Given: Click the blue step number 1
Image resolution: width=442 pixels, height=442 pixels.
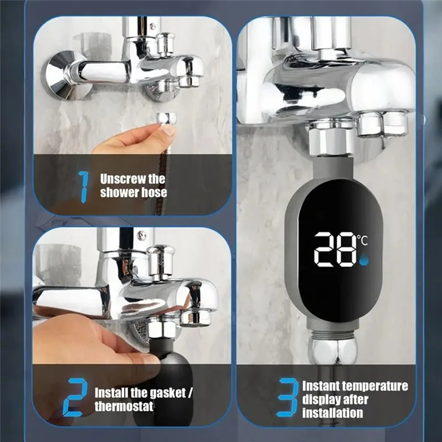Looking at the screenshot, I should tap(83, 187).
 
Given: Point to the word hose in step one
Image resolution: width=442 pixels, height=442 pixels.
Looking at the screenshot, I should tap(154, 193).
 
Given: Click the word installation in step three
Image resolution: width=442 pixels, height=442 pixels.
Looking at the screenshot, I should tap(333, 413).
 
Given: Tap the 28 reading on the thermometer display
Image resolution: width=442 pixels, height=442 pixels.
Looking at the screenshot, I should tap(335, 250).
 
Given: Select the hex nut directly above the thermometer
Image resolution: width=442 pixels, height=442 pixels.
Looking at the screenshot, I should tap(331, 138).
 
